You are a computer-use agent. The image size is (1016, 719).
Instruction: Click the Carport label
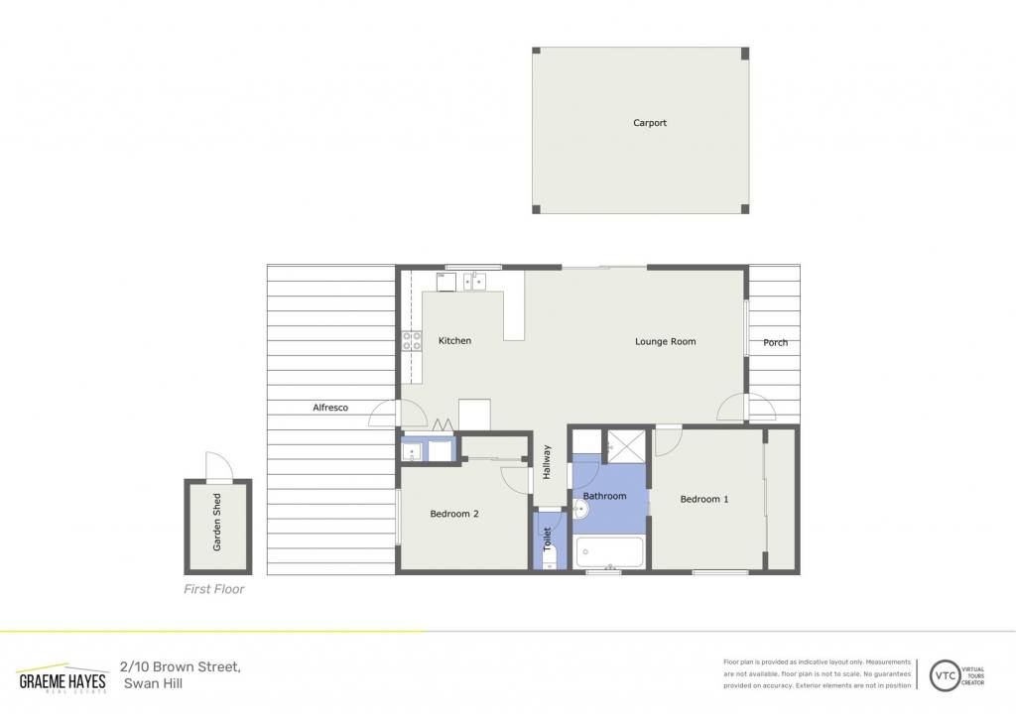pyautogui.click(x=649, y=123)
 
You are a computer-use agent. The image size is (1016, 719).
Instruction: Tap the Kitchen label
pyautogui.click(x=454, y=341)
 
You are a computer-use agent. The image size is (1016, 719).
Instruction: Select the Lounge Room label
pyautogui.click(x=665, y=341)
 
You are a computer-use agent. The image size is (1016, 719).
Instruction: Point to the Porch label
pyautogui.click(x=775, y=343)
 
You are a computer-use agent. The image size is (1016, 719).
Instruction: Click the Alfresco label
pyautogui.click(x=330, y=408)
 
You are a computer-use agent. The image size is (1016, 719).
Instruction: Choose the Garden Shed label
pyautogui.click(x=217, y=522)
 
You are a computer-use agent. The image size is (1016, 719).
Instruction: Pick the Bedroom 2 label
pyautogui.click(x=454, y=515)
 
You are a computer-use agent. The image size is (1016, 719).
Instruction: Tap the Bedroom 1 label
pyautogui.click(x=704, y=500)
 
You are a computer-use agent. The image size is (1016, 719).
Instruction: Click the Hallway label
pyautogui.click(x=547, y=462)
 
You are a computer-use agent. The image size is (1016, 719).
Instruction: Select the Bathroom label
pyautogui.click(x=604, y=496)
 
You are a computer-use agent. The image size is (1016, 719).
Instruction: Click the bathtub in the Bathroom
pyautogui.click(x=609, y=551)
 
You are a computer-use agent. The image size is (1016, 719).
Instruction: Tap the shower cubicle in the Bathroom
pyautogui.click(x=627, y=445)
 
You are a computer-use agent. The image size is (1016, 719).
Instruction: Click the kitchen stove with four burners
pyautogui.click(x=412, y=341)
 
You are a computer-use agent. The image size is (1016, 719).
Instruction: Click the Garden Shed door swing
pyautogui.click(x=218, y=466)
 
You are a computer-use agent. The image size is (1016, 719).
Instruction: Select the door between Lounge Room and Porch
pyautogui.click(x=746, y=407)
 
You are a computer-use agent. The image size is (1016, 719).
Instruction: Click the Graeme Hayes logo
pyautogui.click(x=63, y=678)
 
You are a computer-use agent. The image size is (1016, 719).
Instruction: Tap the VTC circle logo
pyautogui.click(x=945, y=676)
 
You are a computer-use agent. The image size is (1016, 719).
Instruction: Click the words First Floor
pyautogui.click(x=214, y=589)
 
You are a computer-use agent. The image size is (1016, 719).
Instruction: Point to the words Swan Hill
pyautogui.click(x=154, y=683)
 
